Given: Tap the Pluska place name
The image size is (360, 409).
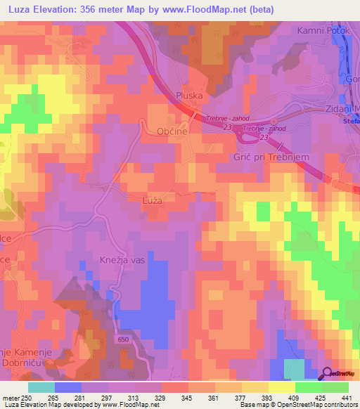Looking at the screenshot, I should click(x=189, y=96).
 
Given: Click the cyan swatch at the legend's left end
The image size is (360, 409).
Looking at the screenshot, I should click(x=41, y=387).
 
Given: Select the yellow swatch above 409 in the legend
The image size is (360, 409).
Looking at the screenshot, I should click(x=283, y=387).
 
